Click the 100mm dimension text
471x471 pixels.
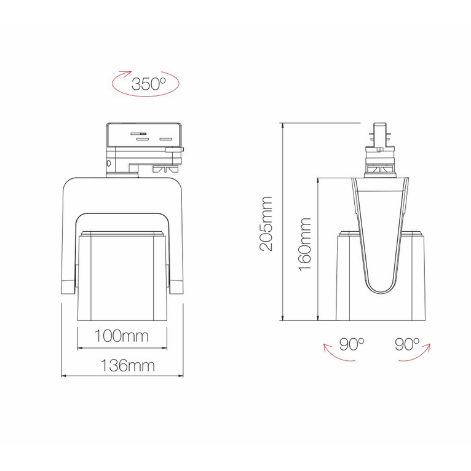pos(122,336)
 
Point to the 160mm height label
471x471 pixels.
pos(304,242)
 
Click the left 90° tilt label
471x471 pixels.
pos(352,344)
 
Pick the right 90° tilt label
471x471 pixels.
pos(407,344)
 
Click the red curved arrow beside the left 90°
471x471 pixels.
pos(330,355)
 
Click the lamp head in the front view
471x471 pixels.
pos(122,275)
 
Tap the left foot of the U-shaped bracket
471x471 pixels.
pos(68,286)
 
